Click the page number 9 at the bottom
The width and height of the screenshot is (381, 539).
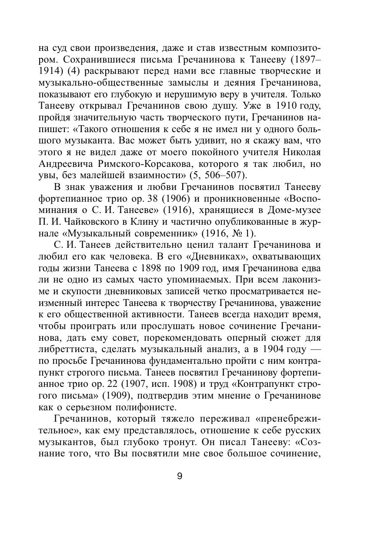point(180,476)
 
